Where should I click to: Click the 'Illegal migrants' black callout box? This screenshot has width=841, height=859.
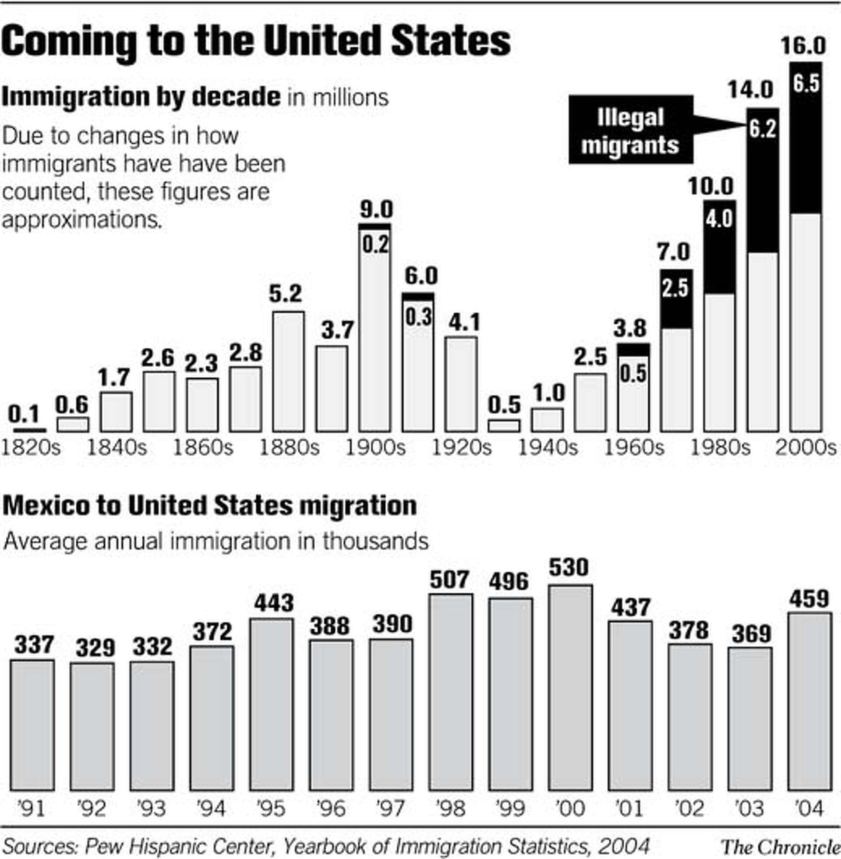[630, 130]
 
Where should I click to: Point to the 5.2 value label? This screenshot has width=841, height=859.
[285, 293]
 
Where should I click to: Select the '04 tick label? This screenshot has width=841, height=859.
[809, 809]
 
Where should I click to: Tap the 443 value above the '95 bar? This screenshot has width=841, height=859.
[274, 603]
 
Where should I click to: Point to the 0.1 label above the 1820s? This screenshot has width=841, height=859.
[24, 414]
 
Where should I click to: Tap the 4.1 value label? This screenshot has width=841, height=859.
[464, 323]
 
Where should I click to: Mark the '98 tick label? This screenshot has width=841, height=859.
[451, 809]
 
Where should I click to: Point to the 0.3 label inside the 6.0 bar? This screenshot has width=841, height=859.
[418, 317]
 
